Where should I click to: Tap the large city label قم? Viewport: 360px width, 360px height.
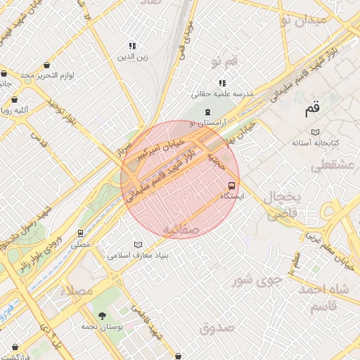click(312, 110)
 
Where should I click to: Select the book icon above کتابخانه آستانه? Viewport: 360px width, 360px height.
click(315, 132)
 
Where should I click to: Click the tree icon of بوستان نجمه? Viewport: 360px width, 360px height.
click(103, 316)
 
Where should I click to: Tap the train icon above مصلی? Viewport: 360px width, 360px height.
click(81, 233)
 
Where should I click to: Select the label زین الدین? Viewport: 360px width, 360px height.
click(131, 56)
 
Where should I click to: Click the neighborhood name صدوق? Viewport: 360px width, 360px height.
click(216, 328)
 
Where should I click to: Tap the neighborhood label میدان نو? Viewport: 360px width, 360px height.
click(304, 20)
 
